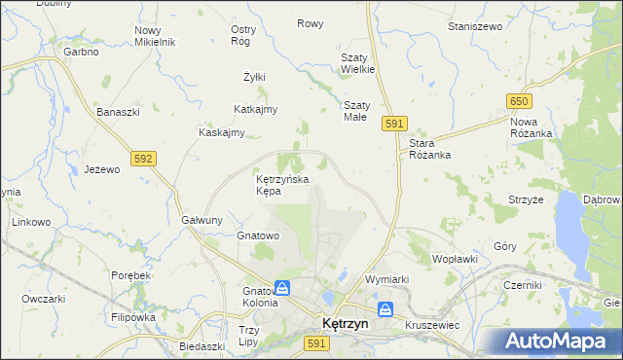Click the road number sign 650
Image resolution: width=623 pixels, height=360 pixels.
[518, 101]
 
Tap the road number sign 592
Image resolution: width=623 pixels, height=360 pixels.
[144, 157]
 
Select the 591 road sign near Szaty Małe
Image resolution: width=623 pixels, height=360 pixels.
[394, 123]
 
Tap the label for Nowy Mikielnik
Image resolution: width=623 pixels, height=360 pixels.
[154, 36]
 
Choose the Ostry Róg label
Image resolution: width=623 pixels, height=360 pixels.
[242, 35]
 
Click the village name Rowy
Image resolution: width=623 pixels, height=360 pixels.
[311, 23]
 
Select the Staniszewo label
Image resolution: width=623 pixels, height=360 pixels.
[474, 26]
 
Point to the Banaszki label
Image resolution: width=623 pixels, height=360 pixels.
[119, 112]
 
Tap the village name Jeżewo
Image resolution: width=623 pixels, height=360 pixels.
[101, 168]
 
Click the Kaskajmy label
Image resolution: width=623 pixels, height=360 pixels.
[221, 132]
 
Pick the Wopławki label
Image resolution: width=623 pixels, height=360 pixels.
[454, 260]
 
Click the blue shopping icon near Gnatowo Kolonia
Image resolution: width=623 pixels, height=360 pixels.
[281, 288]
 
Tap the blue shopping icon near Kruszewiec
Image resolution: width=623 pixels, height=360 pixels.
[385, 309]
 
